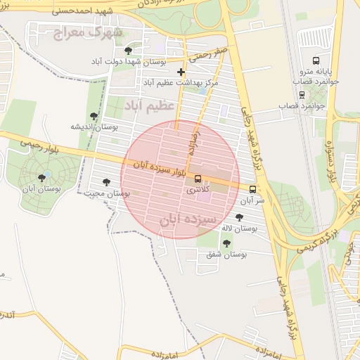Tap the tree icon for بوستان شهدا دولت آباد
pos(127,51)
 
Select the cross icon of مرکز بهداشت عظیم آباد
pos(181,72)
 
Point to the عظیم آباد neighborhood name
pos(148,105)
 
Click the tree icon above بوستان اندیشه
pos(94,116)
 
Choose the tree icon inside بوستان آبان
pos(42,178)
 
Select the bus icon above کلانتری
pos(198,179)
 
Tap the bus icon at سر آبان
pos(253,188)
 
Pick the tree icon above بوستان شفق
pos(226,243)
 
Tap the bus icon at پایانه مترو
pos(315,60)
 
